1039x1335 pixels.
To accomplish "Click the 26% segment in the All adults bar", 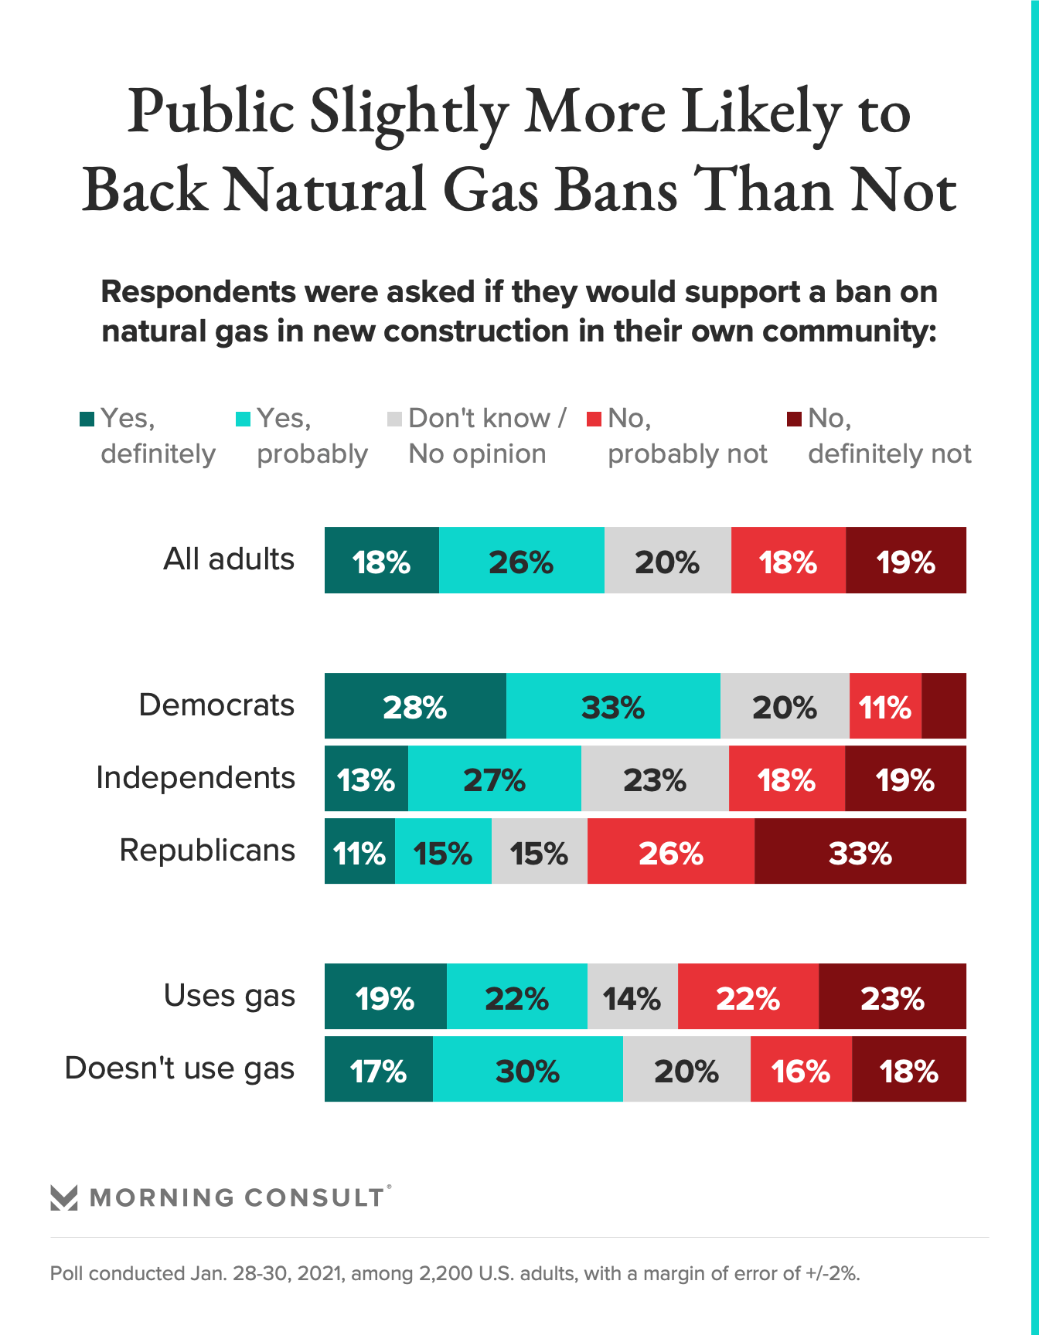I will tap(521, 561).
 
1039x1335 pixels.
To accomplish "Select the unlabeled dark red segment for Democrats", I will tap(944, 706).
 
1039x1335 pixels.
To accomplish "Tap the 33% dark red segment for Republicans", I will tap(860, 851).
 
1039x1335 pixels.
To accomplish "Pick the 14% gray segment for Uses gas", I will tap(632, 997).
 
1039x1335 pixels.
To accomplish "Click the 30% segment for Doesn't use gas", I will tap(527, 1069).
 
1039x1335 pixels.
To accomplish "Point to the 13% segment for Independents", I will tap(366, 779).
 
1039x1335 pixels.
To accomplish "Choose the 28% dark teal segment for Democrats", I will tap(415, 706).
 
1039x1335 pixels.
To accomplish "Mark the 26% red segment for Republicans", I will tap(670, 851).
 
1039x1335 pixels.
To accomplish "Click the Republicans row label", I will tap(207, 850).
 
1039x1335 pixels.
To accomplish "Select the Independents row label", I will tap(196, 777).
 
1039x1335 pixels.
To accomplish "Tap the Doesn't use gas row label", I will tap(179, 1068).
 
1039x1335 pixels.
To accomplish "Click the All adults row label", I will tap(229, 559).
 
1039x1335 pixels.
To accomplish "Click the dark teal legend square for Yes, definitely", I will tap(87, 419).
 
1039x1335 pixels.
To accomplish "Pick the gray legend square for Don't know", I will tap(394, 419).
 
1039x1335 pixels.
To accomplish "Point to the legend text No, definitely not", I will tap(889, 437).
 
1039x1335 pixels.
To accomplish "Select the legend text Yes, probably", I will tap(312, 437).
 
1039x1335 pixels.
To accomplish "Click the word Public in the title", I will tap(210, 111).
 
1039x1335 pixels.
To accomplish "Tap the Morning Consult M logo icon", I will tap(64, 1197).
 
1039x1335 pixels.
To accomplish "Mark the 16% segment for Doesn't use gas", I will tap(801, 1069).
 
